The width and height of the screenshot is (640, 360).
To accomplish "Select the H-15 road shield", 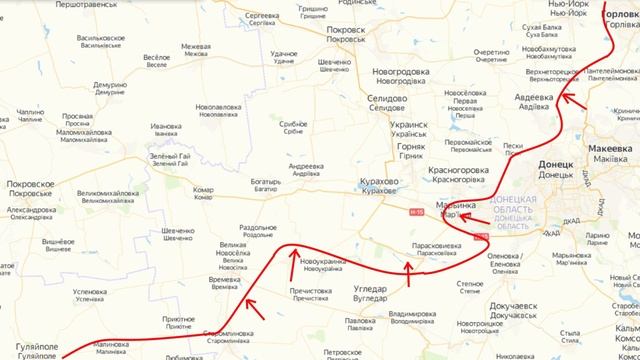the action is (417, 211).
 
